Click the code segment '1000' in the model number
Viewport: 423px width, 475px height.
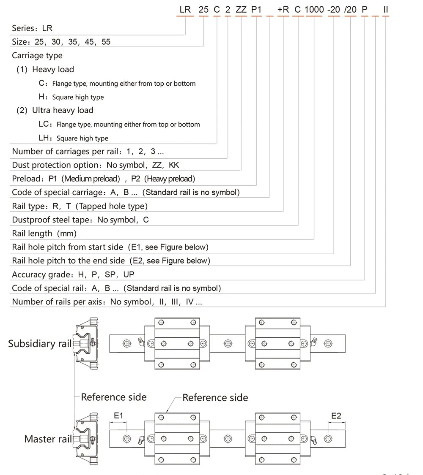tap(314, 9)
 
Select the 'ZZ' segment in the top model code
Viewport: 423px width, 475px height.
tap(241, 9)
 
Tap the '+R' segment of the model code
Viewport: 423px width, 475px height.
tap(283, 9)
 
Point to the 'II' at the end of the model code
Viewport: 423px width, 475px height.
tap(385, 9)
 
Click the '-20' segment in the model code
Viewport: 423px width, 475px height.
tap(333, 9)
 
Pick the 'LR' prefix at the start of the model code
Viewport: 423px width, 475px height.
tap(185, 9)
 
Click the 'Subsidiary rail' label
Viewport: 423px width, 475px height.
tap(40, 344)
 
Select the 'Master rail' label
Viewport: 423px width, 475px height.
tap(48, 439)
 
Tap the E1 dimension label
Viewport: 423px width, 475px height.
tap(118, 416)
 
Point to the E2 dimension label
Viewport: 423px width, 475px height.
tap(336, 416)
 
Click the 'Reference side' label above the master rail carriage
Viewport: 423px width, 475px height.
tap(215, 398)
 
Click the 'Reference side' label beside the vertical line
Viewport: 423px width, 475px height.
tap(114, 397)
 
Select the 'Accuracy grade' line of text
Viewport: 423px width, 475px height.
tap(73, 274)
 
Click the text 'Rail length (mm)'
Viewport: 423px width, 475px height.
tap(44, 233)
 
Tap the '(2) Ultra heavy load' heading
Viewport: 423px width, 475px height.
tap(55, 111)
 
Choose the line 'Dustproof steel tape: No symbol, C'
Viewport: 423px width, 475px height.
tap(80, 220)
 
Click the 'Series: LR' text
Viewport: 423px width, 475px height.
tap(32, 28)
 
